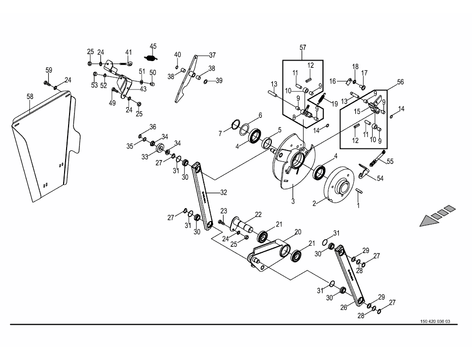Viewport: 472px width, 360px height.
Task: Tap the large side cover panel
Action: pos(42,149)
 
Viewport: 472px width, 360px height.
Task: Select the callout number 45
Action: pos(153,46)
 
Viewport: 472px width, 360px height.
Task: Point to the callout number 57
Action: pos(303,48)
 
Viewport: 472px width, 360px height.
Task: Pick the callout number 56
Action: pos(400,82)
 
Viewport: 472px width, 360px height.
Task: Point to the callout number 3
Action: pos(293,201)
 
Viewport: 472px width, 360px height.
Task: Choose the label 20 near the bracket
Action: pos(298,232)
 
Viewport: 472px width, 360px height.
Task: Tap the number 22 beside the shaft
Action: pos(258,215)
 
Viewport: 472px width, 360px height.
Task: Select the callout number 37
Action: pos(212,55)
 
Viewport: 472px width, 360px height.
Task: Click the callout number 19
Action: pos(334,104)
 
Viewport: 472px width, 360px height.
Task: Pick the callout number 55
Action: pos(390,161)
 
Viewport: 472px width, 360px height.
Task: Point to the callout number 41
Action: pos(129,52)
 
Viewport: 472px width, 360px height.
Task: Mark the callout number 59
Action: pos(49,70)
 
